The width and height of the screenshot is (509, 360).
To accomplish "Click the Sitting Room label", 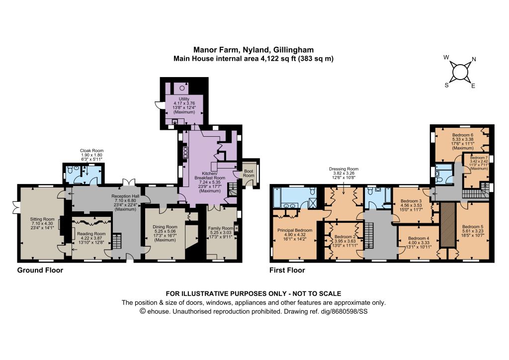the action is click(x=42, y=219).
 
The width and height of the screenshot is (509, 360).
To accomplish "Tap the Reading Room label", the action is click(x=91, y=234).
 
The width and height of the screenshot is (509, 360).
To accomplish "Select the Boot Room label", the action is click(x=249, y=173).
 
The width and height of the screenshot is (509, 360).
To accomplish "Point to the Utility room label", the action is click(x=184, y=99).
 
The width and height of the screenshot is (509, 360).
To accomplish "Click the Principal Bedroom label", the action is click(x=295, y=230).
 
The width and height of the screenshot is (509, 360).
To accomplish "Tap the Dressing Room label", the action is click(x=344, y=169).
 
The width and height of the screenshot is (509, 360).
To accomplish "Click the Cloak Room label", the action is click(x=92, y=151).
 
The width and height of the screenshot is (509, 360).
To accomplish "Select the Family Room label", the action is click(x=221, y=228).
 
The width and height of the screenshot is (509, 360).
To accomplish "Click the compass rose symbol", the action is click(x=459, y=72).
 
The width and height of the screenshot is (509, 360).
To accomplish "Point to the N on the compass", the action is click(x=474, y=59).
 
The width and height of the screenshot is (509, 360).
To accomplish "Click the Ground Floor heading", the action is click(x=40, y=270).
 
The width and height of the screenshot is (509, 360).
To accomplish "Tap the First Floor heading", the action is click(x=287, y=270).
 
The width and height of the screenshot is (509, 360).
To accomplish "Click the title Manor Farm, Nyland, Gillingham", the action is click(x=254, y=50).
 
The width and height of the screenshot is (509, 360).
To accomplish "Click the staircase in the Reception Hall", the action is click(x=117, y=241).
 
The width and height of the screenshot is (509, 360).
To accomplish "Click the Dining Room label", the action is click(x=165, y=227).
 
